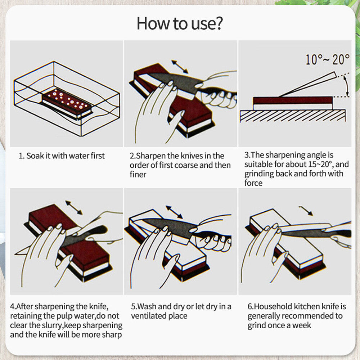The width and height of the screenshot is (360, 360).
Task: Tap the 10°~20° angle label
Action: pyautogui.click(x=328, y=59)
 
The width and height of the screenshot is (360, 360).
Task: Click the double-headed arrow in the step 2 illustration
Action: pyautogui.click(x=180, y=67)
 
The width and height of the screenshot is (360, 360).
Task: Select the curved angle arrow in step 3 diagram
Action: pyautogui.click(x=346, y=86)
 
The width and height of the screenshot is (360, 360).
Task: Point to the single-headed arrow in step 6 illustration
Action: pyautogui.click(x=306, y=211)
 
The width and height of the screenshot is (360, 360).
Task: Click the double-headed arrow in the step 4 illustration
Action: pyautogui.click(x=74, y=208)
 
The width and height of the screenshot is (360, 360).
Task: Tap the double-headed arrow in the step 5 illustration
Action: pyautogui.click(x=174, y=212)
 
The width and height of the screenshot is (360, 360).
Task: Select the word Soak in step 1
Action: pyautogui.click(x=35, y=156)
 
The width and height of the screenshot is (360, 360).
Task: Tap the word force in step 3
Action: pyautogui.click(x=253, y=183)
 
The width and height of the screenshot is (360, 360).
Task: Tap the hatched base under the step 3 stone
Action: pyautogui.click(x=293, y=116)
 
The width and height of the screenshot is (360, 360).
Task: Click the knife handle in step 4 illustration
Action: pyautogui.click(x=92, y=231)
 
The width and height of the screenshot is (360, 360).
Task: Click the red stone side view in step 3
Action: pyautogui.click(x=293, y=100)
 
